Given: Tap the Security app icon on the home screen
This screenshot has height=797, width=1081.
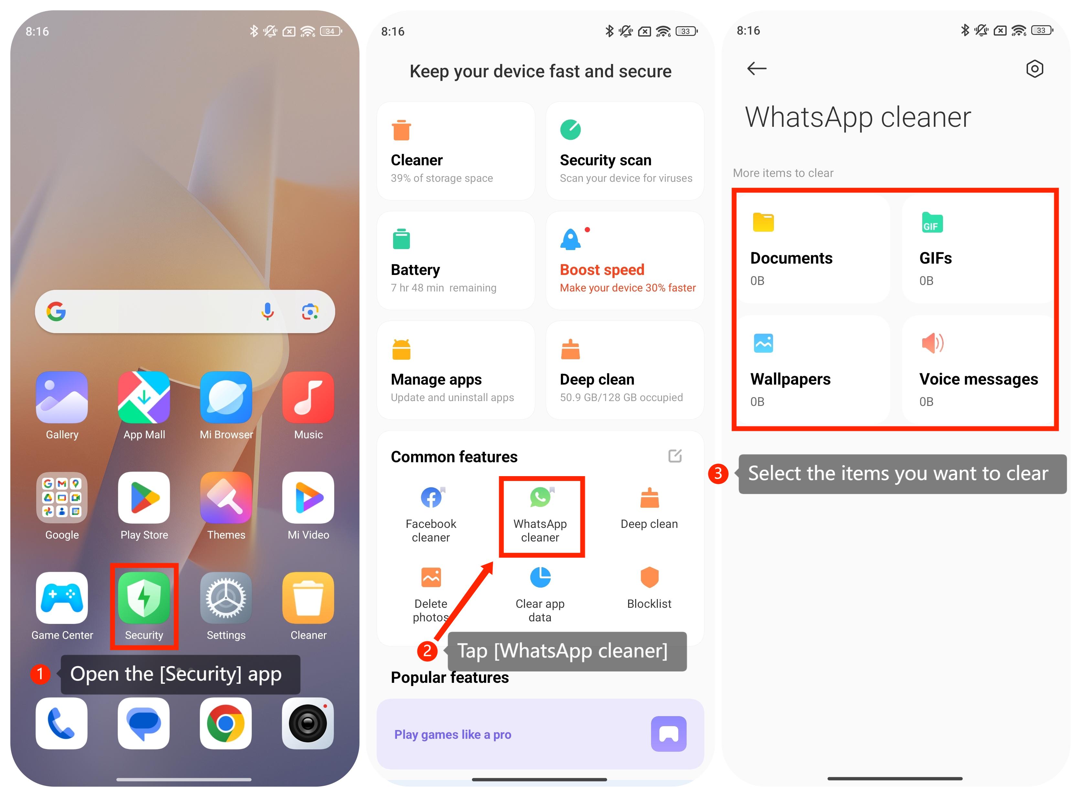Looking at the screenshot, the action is point(144,598).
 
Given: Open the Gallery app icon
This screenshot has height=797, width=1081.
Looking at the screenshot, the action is point(62,397).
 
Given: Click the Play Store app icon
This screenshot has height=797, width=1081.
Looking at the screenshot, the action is point(144,497).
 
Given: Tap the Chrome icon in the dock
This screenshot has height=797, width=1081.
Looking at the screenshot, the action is point(226,723).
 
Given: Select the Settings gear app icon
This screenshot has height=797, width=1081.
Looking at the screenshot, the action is point(226,598).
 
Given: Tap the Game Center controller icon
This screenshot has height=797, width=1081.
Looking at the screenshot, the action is point(62,598).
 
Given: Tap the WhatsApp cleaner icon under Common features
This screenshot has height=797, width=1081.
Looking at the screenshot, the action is point(540,497).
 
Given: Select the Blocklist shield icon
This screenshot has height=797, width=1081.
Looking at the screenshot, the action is point(649,577).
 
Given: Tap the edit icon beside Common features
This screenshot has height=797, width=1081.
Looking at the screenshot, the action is point(675,456).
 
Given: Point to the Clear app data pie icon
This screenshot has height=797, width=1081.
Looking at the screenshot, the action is point(540,577).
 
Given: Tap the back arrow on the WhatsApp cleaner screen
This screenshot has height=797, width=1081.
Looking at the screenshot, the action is point(756,69).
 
